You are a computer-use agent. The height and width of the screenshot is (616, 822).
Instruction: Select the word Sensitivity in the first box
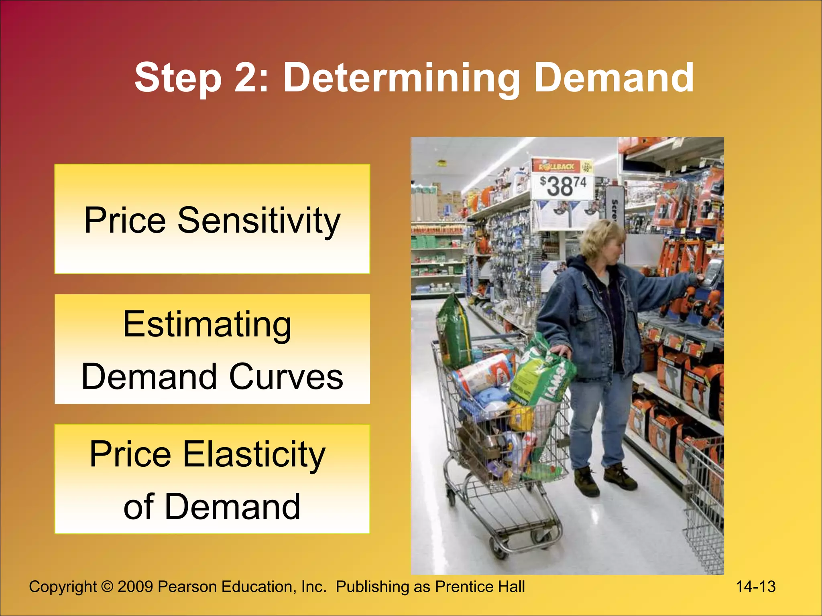[259, 220]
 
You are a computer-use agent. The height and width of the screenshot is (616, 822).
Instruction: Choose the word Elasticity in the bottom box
[254, 454]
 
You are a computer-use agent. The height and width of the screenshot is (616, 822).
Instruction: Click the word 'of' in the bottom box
[138, 507]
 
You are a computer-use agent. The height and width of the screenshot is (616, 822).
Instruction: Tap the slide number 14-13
[755, 586]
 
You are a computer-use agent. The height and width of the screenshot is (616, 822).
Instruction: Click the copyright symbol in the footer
[107, 586]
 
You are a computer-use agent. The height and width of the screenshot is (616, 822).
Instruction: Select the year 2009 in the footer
[135, 586]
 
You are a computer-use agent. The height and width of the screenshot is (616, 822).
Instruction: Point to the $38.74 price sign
[562, 187]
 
